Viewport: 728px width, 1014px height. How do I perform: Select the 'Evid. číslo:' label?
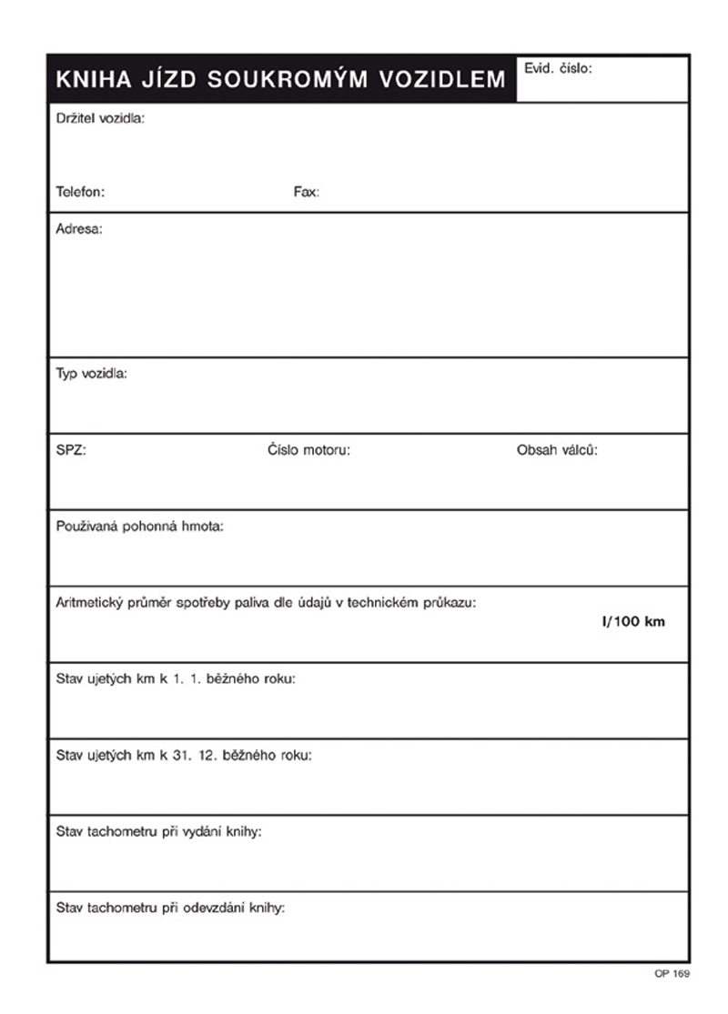coord(558,67)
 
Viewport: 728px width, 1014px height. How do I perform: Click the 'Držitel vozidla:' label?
coord(100,118)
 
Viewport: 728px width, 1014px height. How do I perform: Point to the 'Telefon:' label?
coord(81,192)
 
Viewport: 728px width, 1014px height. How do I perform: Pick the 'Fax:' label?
coord(306,192)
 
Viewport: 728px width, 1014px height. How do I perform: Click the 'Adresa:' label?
coord(79,229)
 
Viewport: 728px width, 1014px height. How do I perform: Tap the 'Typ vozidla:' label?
coord(92,374)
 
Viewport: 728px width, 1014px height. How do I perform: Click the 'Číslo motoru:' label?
coord(308,449)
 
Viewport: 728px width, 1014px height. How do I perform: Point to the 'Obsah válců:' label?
coord(557,449)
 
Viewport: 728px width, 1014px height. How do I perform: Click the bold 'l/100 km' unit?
coord(633,622)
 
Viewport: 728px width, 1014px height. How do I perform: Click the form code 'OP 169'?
coord(672,974)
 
